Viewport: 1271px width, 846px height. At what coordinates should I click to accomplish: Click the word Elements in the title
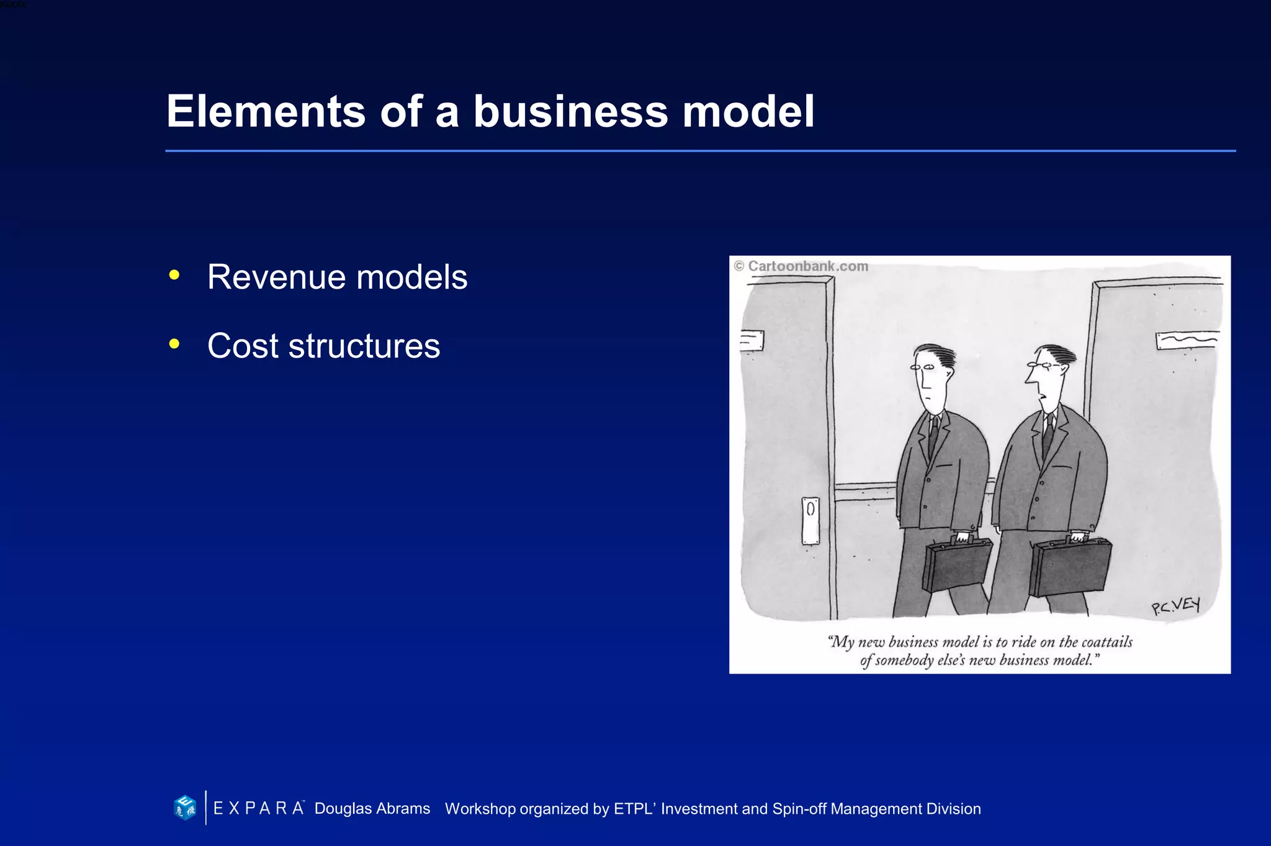[x=266, y=112]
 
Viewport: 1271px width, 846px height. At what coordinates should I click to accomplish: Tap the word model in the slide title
[x=748, y=112]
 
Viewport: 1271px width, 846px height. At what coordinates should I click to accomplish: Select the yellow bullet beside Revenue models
[x=174, y=275]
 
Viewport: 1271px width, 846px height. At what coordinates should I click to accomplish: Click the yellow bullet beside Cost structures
[x=174, y=344]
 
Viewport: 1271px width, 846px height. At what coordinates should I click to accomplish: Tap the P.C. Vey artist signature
[x=1175, y=606]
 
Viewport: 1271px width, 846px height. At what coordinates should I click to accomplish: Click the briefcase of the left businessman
[x=956, y=565]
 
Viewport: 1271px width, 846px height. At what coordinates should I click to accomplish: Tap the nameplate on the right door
[x=1186, y=340]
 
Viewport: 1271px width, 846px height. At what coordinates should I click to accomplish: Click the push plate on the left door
[x=810, y=520]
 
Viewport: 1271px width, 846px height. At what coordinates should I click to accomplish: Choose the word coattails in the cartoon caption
[x=1107, y=642]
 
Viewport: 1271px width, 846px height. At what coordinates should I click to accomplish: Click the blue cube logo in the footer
[x=185, y=808]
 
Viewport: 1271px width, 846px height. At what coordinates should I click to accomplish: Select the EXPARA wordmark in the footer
[x=258, y=808]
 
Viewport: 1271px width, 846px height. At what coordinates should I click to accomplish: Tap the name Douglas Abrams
[x=372, y=809]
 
